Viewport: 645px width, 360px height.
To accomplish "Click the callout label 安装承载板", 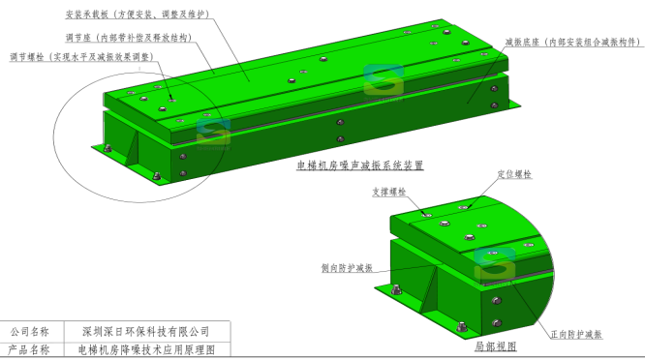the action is [x=86, y=15].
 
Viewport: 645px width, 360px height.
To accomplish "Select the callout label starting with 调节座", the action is [x=129, y=38].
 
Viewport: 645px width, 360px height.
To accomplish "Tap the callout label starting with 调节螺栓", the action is [x=82, y=57].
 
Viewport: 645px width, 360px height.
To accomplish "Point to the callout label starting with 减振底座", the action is [x=573, y=42].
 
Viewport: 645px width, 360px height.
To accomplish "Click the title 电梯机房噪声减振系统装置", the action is [x=360, y=165].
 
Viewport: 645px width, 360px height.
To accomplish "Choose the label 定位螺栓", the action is [x=514, y=174].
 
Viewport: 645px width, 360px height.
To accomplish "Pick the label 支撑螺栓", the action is [x=389, y=192].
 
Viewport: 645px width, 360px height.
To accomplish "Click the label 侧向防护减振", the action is [x=347, y=268].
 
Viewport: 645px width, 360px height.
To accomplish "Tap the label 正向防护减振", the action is [x=576, y=335].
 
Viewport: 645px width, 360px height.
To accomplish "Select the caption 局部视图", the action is [x=496, y=346].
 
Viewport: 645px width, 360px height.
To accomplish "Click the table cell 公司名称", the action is [x=30, y=331].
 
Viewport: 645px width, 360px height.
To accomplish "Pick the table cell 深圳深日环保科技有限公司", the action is [x=146, y=331].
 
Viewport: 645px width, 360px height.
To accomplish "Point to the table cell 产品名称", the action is [x=30, y=349].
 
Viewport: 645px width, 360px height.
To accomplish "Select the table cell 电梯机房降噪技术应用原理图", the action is [x=146, y=349].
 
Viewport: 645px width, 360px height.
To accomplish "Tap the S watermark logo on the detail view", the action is [x=495, y=265].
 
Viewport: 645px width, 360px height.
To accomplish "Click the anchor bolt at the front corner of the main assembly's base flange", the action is [x=157, y=176].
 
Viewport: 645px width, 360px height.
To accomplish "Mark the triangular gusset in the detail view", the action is [x=429, y=286].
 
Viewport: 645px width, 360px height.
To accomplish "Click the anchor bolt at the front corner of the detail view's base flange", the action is [x=462, y=327].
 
